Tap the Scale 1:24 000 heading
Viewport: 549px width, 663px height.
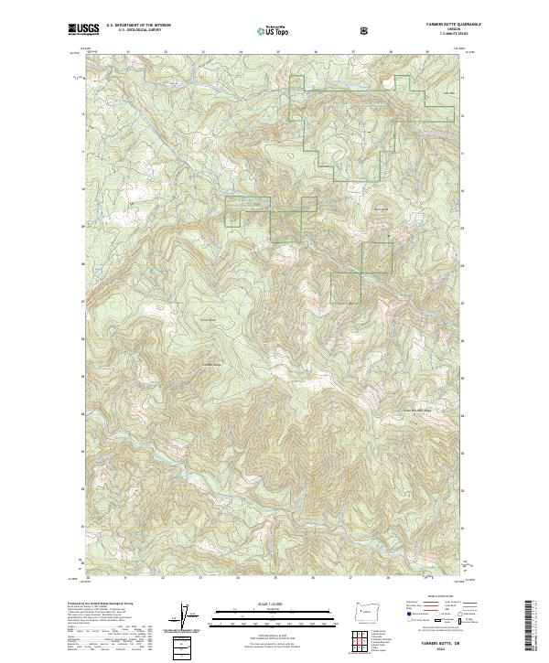[274, 604]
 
